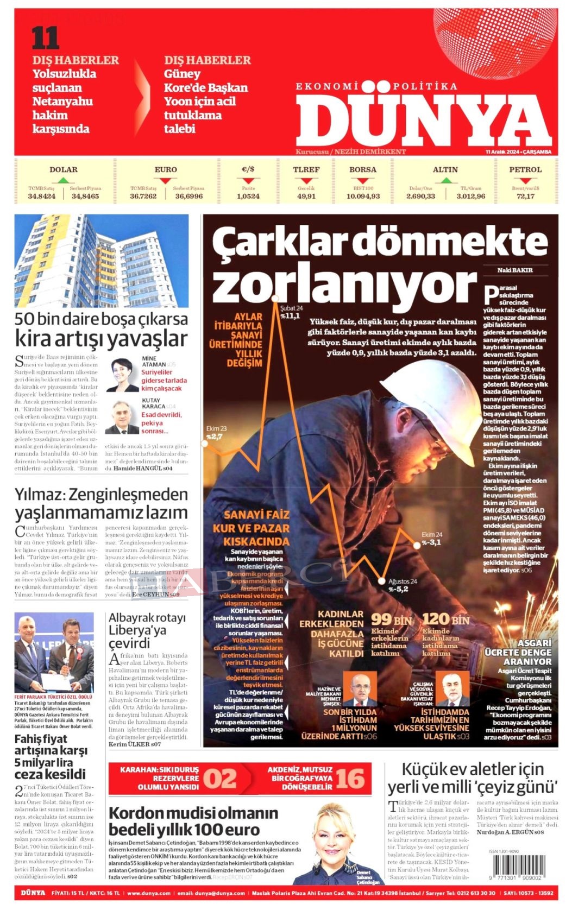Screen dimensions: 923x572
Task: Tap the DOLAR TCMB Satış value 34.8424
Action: [42, 196]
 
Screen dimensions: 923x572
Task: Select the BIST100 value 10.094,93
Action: [363, 196]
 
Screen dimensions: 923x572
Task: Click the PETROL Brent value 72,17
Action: [525, 196]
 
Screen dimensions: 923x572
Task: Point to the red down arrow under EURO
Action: [166, 180]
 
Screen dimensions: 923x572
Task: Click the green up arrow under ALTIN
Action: [445, 180]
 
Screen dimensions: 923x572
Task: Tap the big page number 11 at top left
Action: [45, 39]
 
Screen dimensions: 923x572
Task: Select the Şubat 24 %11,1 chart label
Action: [291, 312]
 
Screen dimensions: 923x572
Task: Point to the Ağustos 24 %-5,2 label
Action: [402, 585]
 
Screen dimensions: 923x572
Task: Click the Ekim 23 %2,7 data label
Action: [216, 432]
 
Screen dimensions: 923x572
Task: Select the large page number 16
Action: [350, 779]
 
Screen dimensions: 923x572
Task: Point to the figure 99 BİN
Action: [391, 619]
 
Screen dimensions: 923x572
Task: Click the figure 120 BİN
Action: [445, 619]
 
